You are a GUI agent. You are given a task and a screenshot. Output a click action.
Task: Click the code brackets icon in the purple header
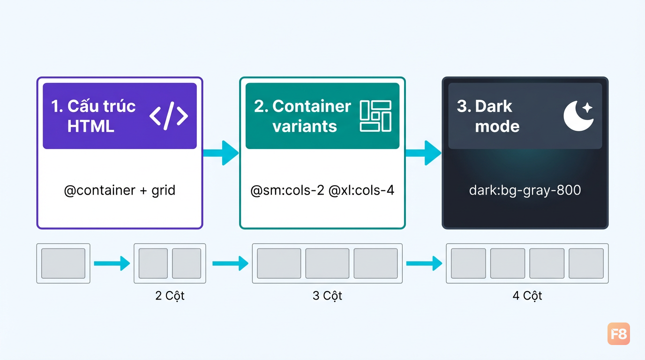point(168,116)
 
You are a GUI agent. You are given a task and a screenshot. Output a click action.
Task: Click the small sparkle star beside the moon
point(587,108)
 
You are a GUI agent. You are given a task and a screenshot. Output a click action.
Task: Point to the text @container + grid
point(120,190)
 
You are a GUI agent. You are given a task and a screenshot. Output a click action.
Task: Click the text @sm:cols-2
point(287,190)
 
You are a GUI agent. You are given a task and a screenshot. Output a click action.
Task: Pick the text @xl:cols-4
point(361,190)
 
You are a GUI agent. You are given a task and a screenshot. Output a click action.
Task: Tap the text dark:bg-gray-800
point(525,190)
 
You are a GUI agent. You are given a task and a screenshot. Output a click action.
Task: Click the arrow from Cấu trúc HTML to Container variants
point(221,153)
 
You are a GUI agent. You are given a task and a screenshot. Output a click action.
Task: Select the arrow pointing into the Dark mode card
point(423,153)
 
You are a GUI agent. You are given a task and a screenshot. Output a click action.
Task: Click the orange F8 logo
point(618,334)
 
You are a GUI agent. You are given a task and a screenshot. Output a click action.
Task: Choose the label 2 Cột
point(170,296)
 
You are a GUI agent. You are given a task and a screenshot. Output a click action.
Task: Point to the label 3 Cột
point(327,296)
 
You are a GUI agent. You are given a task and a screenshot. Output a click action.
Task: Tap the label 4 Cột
point(527,296)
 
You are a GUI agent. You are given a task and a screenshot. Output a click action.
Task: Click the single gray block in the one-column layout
point(63,263)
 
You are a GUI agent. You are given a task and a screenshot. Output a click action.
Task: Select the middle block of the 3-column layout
point(327,263)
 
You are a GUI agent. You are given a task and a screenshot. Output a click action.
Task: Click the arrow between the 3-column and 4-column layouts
point(424,263)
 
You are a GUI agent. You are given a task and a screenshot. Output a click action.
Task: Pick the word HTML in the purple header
point(91,127)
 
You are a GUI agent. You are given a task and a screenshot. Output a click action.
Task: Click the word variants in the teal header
point(305,127)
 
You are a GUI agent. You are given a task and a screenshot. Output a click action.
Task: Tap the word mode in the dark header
point(497,127)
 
